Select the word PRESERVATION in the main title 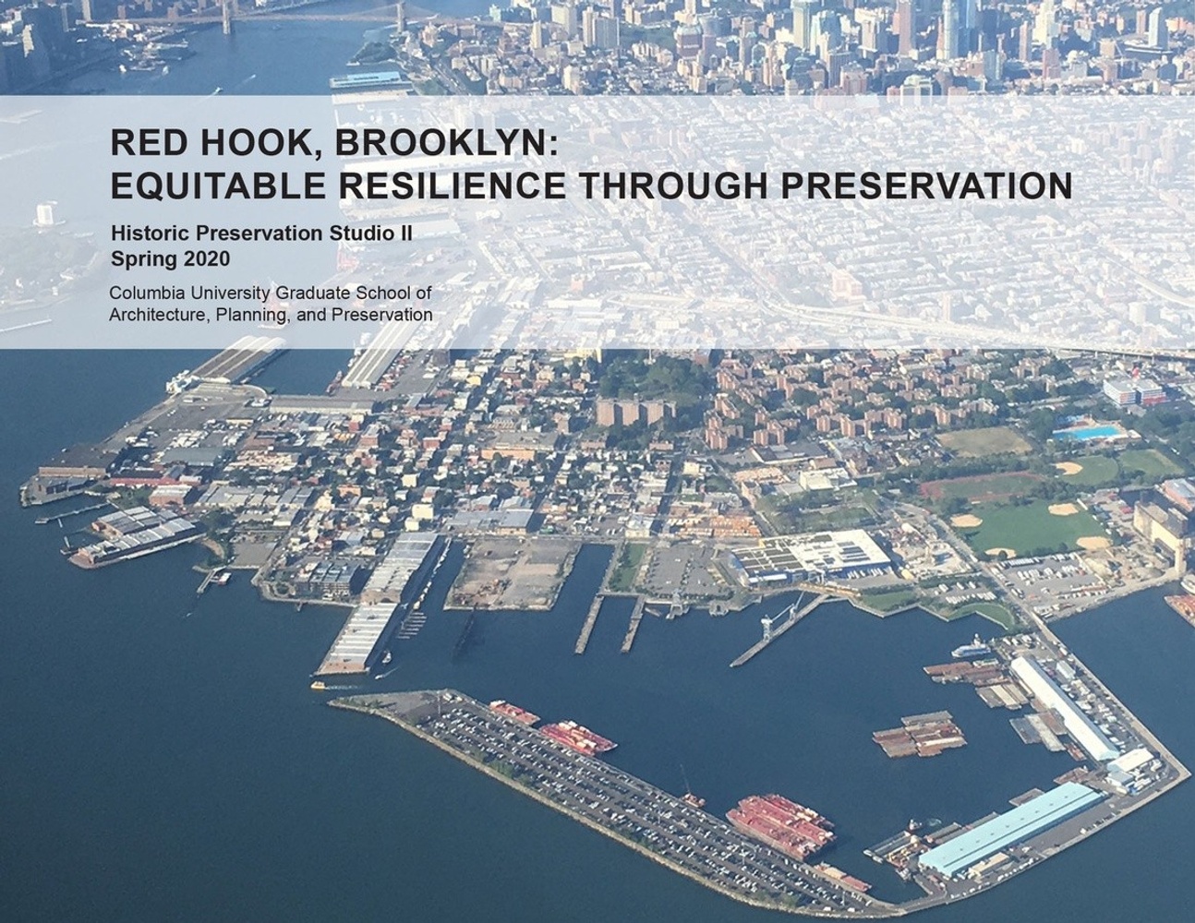pyautogui.click(x=927, y=186)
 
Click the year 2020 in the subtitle pyautogui.click(x=206, y=258)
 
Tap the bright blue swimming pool pyautogui.click(x=1087, y=433)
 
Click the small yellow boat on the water pyautogui.click(x=319, y=685)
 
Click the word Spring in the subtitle pyautogui.click(x=145, y=258)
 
